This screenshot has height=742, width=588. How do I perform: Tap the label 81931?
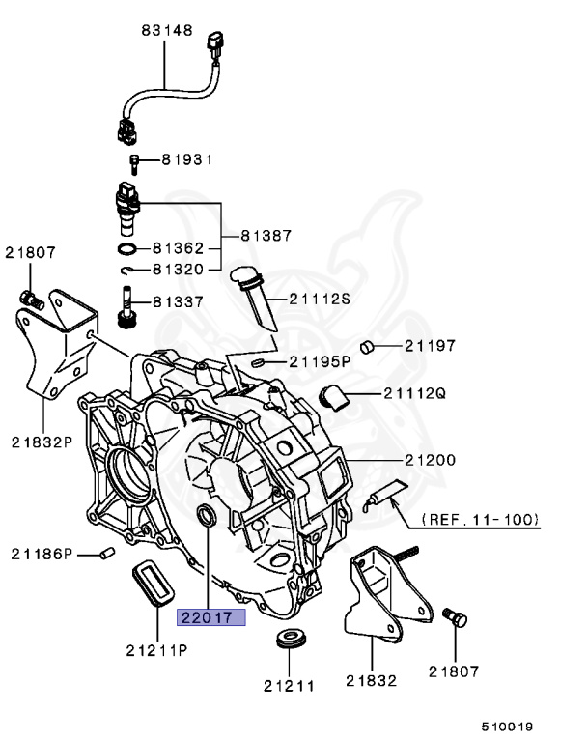pyautogui.click(x=186, y=158)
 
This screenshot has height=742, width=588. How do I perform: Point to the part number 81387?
pyautogui.click(x=266, y=235)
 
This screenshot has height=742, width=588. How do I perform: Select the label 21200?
pyautogui.click(x=431, y=460)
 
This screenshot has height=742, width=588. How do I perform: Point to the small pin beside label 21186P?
pyautogui.click(x=108, y=552)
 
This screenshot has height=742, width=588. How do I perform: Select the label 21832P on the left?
pyautogui.click(x=42, y=442)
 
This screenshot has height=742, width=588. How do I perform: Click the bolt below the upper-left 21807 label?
pyautogui.click(x=30, y=298)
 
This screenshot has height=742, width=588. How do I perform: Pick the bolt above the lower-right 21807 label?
pyautogui.click(x=453, y=615)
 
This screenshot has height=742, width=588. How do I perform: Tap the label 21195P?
pyautogui.click(x=321, y=361)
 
